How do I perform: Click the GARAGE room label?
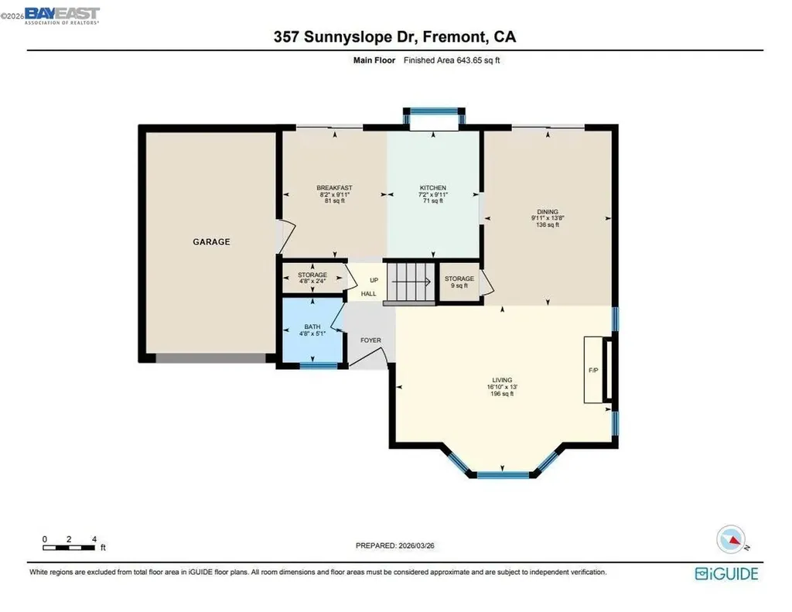coord(211,241)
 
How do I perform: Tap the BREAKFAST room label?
coord(334,188)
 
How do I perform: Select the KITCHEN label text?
coord(432,188)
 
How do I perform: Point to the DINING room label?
coord(547,211)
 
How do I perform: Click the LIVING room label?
coord(502,380)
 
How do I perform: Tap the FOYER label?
coord(370,340)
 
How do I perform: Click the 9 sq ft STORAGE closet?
coord(459,282)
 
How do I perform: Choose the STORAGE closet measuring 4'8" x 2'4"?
coord(312,278)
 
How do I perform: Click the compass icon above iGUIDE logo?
coord(731,538)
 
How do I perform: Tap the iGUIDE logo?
coord(726,573)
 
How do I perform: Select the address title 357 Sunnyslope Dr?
coord(395,36)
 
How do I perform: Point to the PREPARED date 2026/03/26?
coord(400,545)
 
